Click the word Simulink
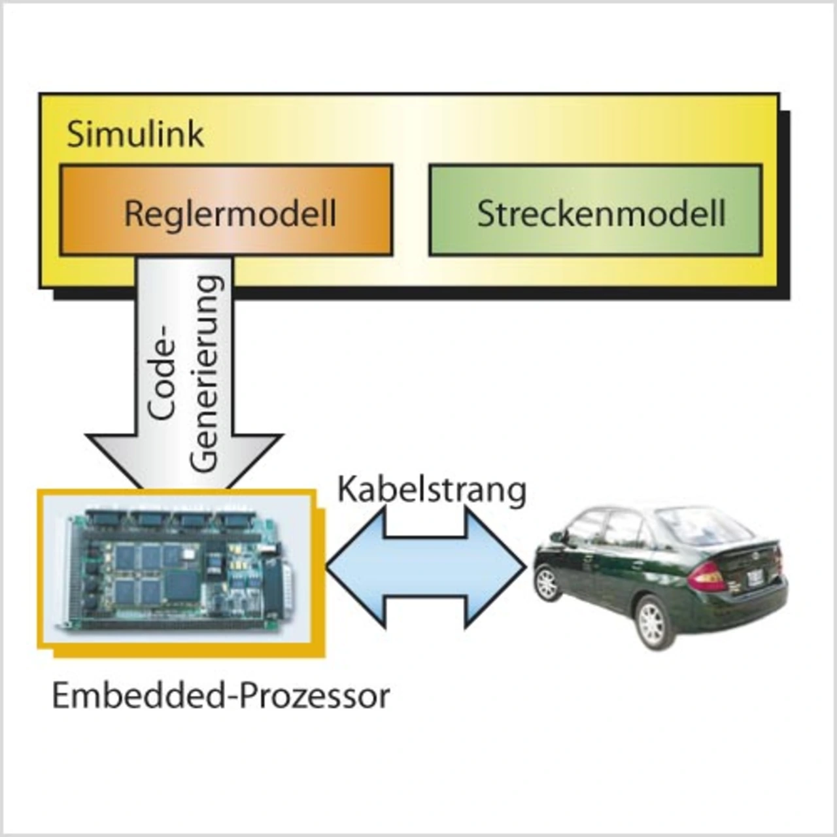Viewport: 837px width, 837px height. pos(135,134)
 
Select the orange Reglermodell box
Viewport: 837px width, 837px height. pos(226,211)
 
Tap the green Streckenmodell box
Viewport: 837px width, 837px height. pos(595,211)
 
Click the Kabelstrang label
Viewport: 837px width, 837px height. pos(432,489)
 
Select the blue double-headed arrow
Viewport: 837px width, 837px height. pos(426,568)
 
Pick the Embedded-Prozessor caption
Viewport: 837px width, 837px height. pos(221,696)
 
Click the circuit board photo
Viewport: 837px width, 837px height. pos(180,569)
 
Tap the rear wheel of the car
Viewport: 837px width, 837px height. pos(651,622)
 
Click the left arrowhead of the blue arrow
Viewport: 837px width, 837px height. pos(353,568)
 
